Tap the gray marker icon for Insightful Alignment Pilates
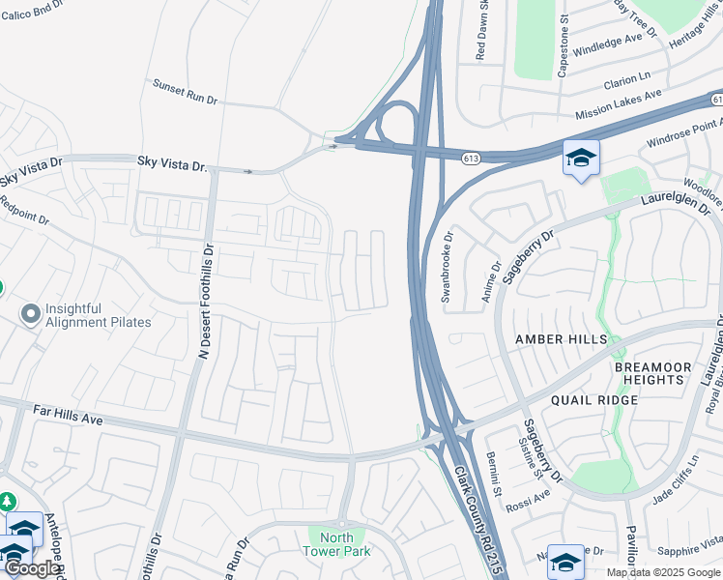pyautogui.click(x=30, y=313)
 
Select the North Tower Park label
pyautogui.click(x=336, y=544)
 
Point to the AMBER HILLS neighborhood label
pyautogui.click(x=561, y=339)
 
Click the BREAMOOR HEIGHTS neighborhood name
pyautogui.click(x=667, y=374)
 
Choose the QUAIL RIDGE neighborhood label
pyautogui.click(x=593, y=400)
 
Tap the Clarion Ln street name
pyautogui.click(x=627, y=79)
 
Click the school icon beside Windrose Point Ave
pyautogui.click(x=581, y=158)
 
